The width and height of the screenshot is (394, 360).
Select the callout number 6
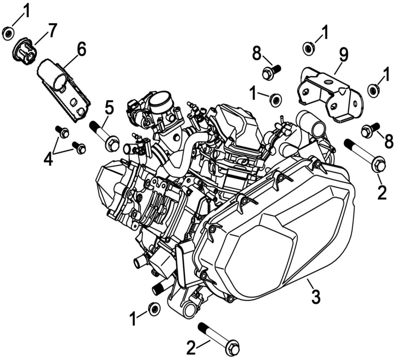(81, 50)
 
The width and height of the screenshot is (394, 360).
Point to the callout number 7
(52, 31)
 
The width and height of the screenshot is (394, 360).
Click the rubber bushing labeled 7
(25, 52)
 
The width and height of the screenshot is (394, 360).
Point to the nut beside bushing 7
(8, 33)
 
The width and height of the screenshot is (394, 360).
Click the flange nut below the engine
(154, 309)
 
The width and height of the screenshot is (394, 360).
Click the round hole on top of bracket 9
(329, 82)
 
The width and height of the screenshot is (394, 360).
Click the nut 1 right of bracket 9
(374, 90)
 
